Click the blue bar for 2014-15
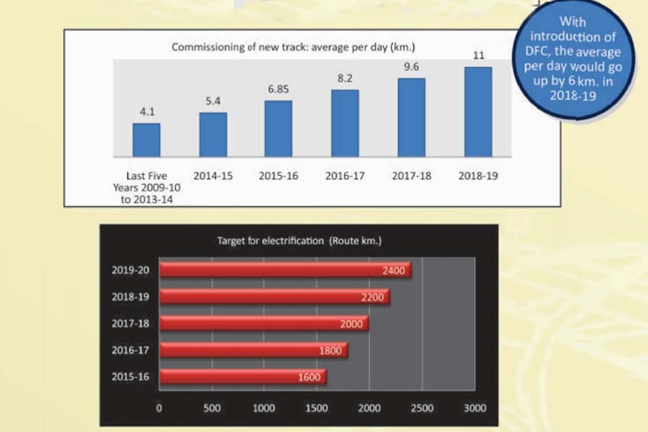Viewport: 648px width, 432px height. [x=213, y=134]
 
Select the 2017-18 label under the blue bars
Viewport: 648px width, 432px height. [x=411, y=175]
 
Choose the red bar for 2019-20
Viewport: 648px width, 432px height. [x=285, y=270]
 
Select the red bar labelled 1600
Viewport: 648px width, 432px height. [x=242, y=377]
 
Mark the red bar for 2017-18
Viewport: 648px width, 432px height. [x=264, y=323]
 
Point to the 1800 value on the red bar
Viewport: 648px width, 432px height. [x=332, y=350]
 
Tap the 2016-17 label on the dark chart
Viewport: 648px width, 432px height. [x=130, y=350]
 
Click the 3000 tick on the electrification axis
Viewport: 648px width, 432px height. [x=474, y=408]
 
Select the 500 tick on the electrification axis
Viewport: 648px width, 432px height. [x=212, y=408]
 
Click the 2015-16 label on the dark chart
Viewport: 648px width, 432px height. [x=130, y=377]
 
